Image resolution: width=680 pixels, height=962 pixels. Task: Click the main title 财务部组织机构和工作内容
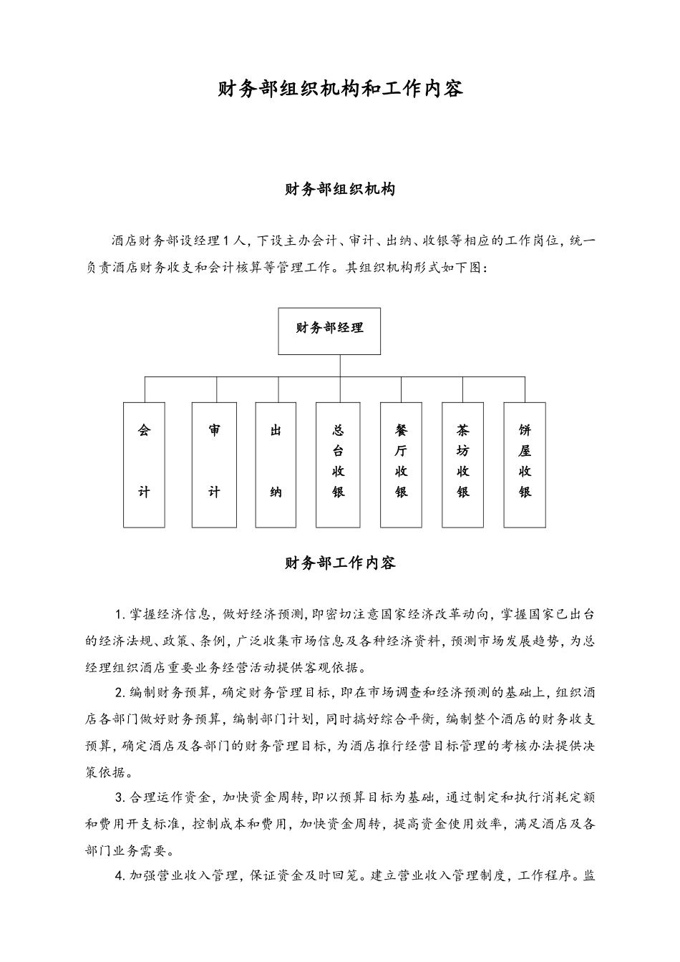(340, 89)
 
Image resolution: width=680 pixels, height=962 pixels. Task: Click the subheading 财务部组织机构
(340, 190)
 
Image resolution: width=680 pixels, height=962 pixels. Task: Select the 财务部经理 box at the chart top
(329, 331)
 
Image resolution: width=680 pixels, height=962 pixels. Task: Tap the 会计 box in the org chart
(144, 465)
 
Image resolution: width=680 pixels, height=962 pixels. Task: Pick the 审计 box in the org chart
(214, 465)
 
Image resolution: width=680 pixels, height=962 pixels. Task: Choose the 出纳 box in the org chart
(276, 465)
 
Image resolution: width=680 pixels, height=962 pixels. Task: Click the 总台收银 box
(339, 465)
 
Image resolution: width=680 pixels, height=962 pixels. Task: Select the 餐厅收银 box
(401, 465)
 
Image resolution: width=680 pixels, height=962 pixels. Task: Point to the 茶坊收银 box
(463, 465)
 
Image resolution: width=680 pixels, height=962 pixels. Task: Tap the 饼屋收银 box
(525, 465)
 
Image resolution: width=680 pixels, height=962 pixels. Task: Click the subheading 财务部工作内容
(340, 563)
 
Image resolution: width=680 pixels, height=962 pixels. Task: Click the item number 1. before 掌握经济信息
(120, 615)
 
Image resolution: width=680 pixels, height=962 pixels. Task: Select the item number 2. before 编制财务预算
(120, 693)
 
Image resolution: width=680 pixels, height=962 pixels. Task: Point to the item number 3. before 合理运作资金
(120, 798)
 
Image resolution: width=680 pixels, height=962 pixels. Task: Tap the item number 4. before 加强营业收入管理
(120, 876)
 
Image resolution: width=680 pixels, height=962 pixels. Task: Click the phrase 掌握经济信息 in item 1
(170, 615)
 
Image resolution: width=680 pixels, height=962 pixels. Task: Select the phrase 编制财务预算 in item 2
(170, 693)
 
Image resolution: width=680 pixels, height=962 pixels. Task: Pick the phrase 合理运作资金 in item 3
(170, 798)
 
